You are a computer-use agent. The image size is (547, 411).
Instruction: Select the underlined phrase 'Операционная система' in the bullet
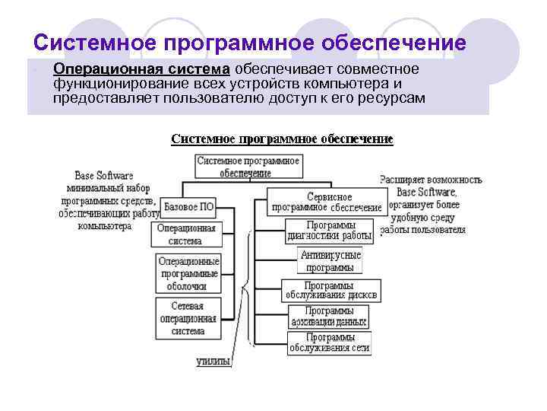(141, 69)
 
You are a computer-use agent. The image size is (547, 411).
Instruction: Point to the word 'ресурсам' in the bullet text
(389, 99)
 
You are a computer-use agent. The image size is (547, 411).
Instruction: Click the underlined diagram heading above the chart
(282, 139)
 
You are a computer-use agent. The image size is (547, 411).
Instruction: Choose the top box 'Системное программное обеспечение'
(248, 167)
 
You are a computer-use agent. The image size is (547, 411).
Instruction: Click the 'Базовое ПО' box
(188, 206)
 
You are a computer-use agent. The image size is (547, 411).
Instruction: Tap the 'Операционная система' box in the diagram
(186, 234)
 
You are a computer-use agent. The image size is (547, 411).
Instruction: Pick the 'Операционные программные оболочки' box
(188, 273)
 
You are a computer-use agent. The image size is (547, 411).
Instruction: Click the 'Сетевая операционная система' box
(188, 318)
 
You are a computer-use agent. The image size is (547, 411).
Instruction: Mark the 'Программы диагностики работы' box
(329, 231)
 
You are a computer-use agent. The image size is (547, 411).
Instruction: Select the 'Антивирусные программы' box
(330, 261)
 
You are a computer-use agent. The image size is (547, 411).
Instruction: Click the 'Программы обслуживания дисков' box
(330, 290)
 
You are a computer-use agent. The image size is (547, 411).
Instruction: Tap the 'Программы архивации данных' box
(329, 317)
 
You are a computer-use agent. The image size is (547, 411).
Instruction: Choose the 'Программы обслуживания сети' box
(329, 342)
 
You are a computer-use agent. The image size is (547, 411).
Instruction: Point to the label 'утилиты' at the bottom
(213, 362)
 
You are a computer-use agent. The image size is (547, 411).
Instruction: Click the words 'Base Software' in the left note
(104, 175)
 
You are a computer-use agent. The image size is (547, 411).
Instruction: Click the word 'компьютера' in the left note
(104, 225)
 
